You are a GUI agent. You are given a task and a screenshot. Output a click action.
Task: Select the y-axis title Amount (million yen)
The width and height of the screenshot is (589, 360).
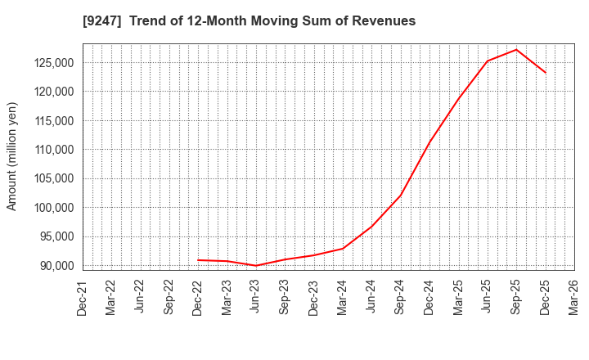12,156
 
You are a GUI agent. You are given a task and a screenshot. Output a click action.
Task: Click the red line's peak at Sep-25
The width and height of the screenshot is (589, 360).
516,49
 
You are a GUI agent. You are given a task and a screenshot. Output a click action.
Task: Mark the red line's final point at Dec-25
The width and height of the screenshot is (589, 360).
546,73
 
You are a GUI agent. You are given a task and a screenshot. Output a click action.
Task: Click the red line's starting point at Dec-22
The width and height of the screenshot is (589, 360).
198,260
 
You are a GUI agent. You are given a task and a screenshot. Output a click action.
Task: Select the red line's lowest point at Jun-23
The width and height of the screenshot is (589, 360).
256,265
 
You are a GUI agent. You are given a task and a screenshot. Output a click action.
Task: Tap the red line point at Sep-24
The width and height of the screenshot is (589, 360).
401,196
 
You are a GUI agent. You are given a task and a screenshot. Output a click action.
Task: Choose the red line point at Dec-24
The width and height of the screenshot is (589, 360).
429,141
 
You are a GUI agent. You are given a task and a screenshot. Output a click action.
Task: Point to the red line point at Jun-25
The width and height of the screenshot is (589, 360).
488,61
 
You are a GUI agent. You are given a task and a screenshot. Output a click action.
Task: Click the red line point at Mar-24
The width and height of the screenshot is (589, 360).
343,249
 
